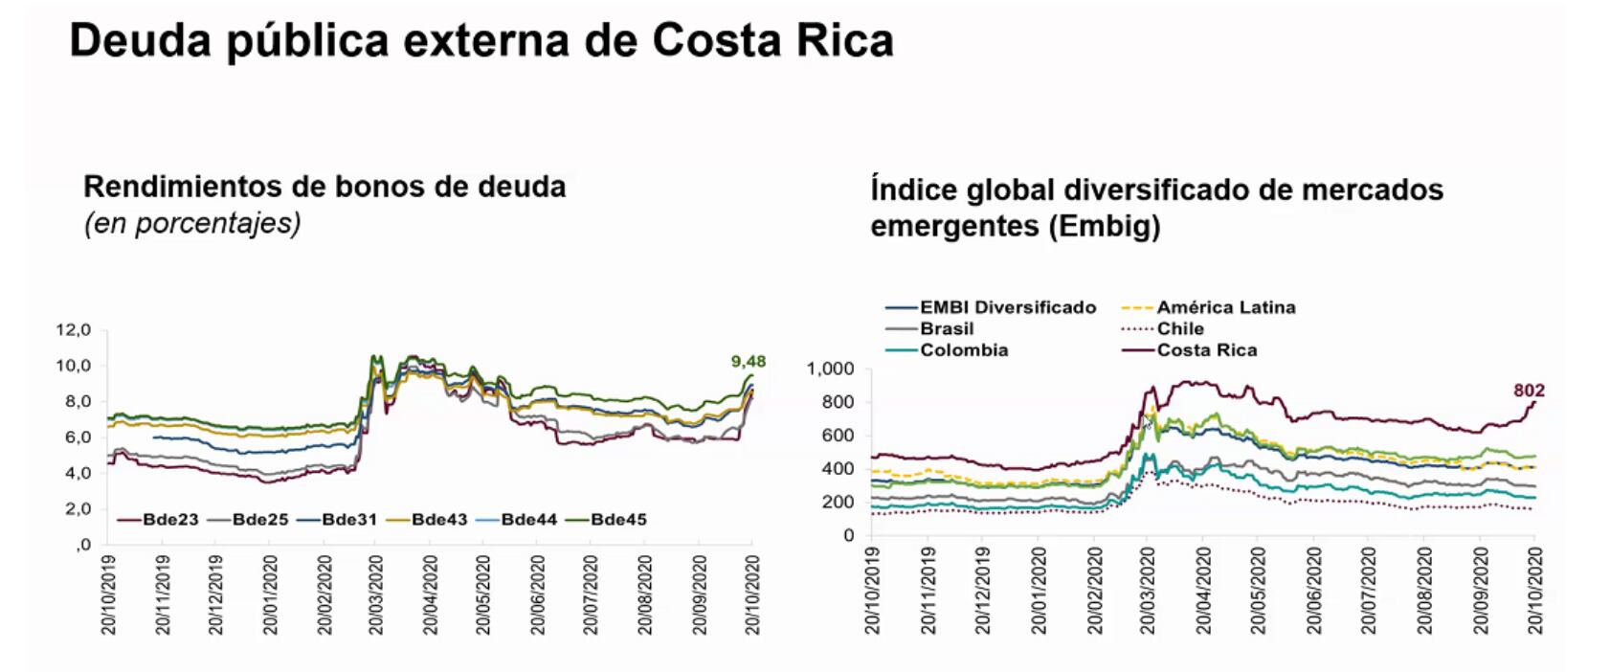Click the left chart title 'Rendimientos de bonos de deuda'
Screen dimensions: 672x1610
(324, 186)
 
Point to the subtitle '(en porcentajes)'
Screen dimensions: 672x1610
(192, 223)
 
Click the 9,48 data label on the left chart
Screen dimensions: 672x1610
(748, 362)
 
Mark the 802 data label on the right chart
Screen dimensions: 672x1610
(1529, 391)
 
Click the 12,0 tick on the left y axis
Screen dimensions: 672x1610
(74, 330)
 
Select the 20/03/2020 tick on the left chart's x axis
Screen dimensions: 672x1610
(376, 594)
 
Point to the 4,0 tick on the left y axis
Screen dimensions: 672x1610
(78, 473)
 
